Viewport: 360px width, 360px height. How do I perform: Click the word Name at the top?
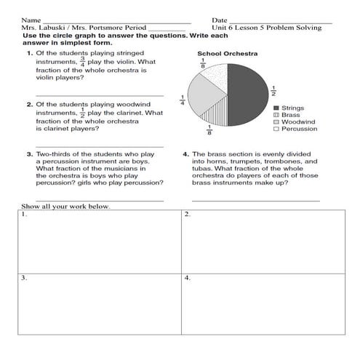pyautogui.click(x=31, y=20)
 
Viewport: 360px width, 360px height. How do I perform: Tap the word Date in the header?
pyautogui.click(x=220, y=20)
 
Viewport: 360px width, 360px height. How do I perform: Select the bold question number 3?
pyautogui.click(x=29, y=154)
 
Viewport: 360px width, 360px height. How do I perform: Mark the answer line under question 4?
pyautogui.click(x=255, y=199)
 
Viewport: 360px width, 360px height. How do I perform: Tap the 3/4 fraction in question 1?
pyautogui.click(x=81, y=62)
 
